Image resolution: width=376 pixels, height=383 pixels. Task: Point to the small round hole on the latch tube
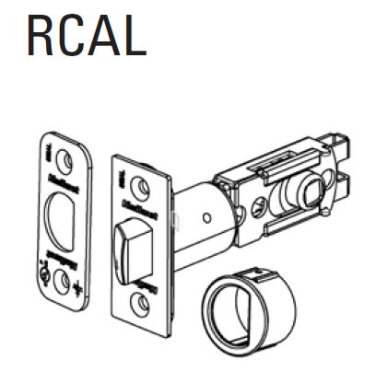211,218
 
